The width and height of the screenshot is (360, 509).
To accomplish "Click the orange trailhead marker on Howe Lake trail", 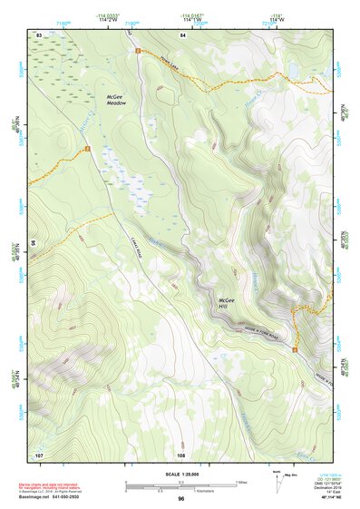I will click(138, 52).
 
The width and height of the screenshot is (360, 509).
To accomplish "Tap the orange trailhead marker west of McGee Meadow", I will click(87, 148).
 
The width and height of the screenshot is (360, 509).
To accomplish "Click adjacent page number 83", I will click(39, 34).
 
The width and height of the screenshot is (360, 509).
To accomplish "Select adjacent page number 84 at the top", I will click(182, 34).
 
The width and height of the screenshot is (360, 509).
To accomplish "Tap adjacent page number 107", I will click(39, 454).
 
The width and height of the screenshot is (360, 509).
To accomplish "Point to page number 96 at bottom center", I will click(181, 498).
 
